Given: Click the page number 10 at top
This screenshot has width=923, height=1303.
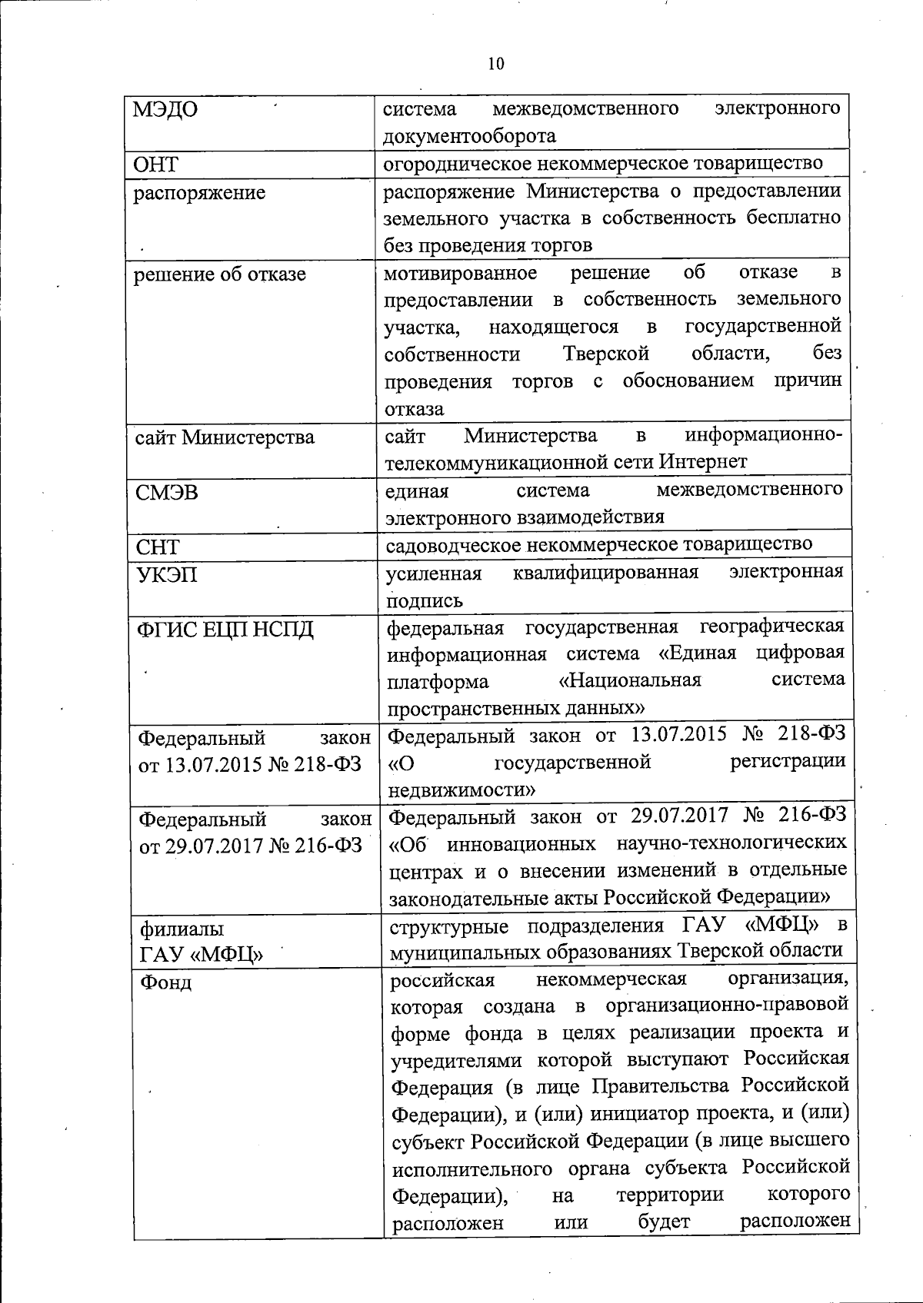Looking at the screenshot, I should (x=496, y=64).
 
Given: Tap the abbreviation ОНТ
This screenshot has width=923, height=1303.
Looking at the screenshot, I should (x=156, y=165).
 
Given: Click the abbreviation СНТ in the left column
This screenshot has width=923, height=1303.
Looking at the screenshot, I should (x=158, y=547).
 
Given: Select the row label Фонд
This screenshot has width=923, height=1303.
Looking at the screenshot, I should (x=165, y=982).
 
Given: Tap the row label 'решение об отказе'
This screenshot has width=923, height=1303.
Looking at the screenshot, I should (x=220, y=274).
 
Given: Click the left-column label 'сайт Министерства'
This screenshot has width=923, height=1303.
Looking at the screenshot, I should (x=225, y=437).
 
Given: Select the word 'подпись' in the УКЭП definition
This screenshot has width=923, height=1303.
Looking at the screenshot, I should (x=425, y=600).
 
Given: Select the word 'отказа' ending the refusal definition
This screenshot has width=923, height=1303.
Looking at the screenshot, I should (x=415, y=408).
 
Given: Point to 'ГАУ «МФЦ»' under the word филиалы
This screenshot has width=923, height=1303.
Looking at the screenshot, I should (x=201, y=956).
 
